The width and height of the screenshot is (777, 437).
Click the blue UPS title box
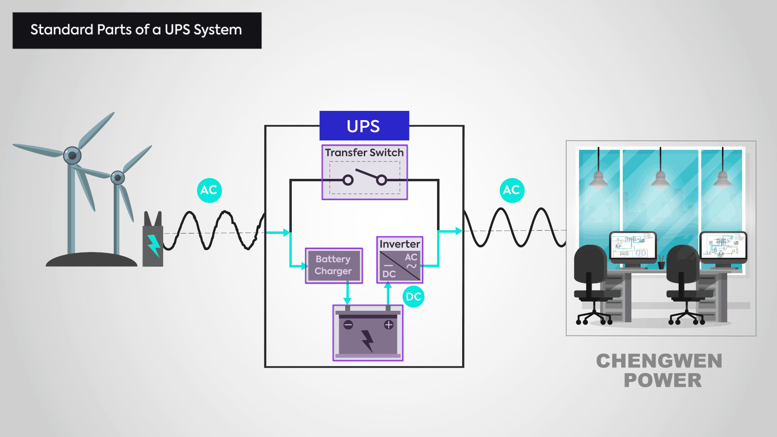tap(364, 126)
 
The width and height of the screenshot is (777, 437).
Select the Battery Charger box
tap(333, 265)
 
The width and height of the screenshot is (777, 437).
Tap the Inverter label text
tap(399, 244)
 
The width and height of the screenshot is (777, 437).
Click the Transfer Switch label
tap(364, 153)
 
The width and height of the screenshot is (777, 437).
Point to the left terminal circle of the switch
tap(348, 180)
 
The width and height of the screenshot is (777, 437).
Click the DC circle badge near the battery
tap(413, 297)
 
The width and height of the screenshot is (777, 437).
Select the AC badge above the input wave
tap(209, 190)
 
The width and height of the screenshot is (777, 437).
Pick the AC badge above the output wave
tap(512, 190)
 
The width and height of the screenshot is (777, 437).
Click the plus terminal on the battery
tap(388, 325)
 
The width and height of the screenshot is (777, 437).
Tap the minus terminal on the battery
tap(348, 325)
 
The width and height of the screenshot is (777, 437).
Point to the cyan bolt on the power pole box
tap(154, 245)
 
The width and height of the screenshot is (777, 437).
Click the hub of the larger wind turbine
tap(72, 155)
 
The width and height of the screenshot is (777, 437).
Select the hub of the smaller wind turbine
tap(117, 178)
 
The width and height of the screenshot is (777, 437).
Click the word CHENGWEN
tap(659, 361)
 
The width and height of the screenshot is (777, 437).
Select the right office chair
tap(684, 283)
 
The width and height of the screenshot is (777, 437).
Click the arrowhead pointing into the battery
tap(347, 301)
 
